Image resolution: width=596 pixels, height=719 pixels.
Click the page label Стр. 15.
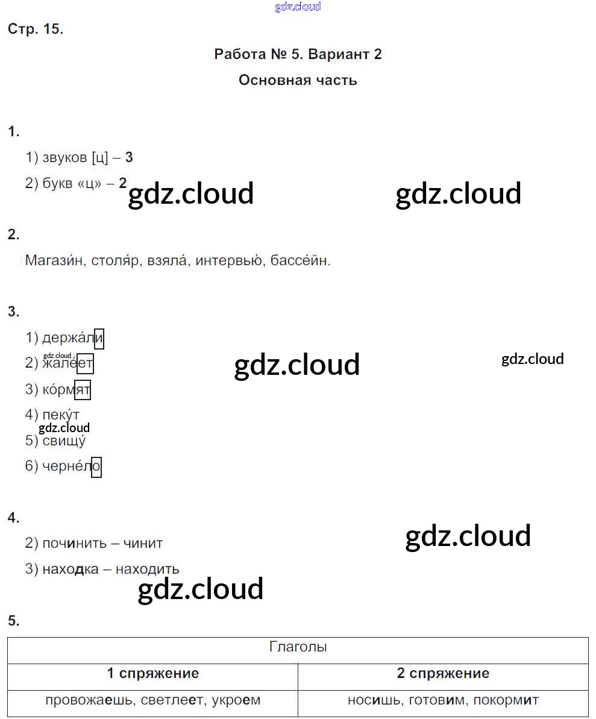[36, 29]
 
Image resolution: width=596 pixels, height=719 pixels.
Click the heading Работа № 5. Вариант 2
[298, 54]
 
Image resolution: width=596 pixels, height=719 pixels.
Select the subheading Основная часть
[298, 80]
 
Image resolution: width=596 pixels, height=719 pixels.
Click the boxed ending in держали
[99, 338]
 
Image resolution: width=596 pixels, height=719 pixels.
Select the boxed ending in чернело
[96, 467]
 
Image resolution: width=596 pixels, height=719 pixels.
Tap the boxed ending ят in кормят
[83, 390]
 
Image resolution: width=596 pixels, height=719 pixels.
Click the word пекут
[61, 415]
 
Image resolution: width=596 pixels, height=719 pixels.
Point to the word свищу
[64, 441]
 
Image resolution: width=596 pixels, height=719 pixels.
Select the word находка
[71, 570]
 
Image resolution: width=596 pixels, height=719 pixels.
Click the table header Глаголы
[298, 648]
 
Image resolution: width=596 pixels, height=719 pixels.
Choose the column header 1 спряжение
[152, 674]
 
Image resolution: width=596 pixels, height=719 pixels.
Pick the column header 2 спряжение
[443, 674]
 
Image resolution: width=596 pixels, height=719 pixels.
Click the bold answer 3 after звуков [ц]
[129, 158]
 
